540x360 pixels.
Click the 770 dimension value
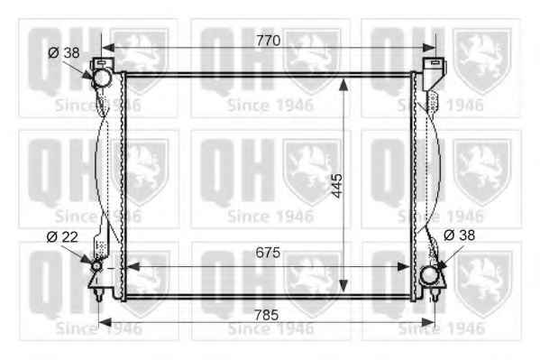pyautogui.click(x=268, y=41)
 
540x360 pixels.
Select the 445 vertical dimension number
pyautogui.click(x=337, y=186)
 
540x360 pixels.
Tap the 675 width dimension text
pyautogui.click(x=268, y=253)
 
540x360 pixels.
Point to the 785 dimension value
pyautogui.click(x=266, y=315)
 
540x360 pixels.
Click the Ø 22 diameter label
pyautogui.click(x=62, y=237)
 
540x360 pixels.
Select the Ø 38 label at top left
pyautogui.click(x=64, y=52)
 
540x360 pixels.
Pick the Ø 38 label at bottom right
pyautogui.click(x=460, y=235)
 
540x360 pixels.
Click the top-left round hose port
pyautogui.click(x=102, y=78)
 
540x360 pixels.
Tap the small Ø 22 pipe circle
pyautogui.click(x=96, y=266)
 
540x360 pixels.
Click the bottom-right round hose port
pyautogui.click(x=429, y=275)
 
